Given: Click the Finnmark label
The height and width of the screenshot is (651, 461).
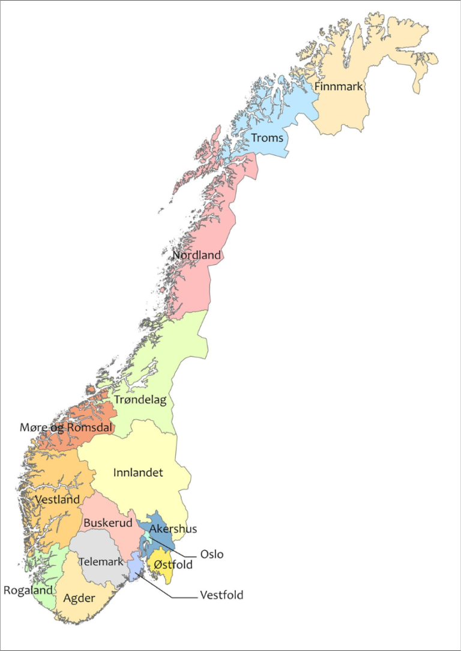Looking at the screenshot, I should [x=339, y=87].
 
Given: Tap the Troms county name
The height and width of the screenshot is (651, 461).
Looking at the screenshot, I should [x=267, y=138].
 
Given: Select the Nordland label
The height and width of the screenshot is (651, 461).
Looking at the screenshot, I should [x=197, y=255].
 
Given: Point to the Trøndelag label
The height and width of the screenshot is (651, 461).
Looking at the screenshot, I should [x=140, y=399].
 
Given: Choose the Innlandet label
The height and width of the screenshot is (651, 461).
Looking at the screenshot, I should [x=138, y=473].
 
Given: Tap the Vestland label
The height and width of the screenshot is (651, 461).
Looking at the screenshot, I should [x=57, y=499].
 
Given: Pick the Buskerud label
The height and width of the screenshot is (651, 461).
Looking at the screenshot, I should [x=107, y=523].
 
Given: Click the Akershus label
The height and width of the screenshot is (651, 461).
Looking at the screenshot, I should [x=173, y=529].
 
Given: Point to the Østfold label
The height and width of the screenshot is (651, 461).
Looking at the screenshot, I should [x=173, y=565].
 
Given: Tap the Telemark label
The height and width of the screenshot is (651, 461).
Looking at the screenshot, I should [x=101, y=562].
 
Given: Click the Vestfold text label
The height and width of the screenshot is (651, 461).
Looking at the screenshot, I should [x=222, y=596].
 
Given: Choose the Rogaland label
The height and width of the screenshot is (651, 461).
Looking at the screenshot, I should [x=28, y=590].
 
